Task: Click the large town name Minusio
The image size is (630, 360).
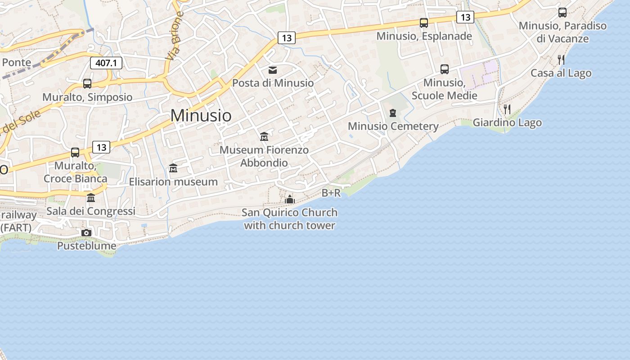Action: pyautogui.click(x=201, y=116)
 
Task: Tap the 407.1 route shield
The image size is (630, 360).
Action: pyautogui.click(x=106, y=63)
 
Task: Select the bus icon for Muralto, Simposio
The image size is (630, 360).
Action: pyautogui.click(x=87, y=84)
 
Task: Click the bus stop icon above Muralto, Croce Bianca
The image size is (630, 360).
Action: pyautogui.click(x=75, y=153)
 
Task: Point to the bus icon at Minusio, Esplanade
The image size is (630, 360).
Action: pyautogui.click(x=424, y=23)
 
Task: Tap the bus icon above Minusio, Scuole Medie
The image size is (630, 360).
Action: pyautogui.click(x=445, y=69)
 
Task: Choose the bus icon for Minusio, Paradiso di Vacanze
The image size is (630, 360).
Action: pyautogui.click(x=562, y=13)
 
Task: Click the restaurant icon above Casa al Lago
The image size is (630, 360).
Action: pyautogui.click(x=561, y=59)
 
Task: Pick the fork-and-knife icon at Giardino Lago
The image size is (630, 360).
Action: pyautogui.click(x=507, y=109)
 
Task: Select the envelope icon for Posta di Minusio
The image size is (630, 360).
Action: pyautogui.click(x=273, y=70)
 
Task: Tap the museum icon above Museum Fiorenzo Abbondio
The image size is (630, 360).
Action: pyautogui.click(x=264, y=136)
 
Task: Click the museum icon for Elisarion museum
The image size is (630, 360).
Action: pyautogui.click(x=173, y=168)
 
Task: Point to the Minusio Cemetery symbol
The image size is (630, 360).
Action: pyautogui.click(x=393, y=113)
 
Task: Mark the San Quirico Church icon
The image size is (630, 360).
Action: pyautogui.click(x=290, y=199)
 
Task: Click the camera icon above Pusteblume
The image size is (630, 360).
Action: pyautogui.click(x=86, y=233)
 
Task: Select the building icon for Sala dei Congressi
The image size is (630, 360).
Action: pyautogui.click(x=91, y=198)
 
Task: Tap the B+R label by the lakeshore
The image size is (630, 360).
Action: pyautogui.click(x=331, y=193)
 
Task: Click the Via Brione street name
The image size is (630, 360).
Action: pyautogui.click(x=175, y=36)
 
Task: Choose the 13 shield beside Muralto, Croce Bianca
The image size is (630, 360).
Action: pyautogui.click(x=101, y=147)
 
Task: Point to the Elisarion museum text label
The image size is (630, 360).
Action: pyautogui.click(x=173, y=182)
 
